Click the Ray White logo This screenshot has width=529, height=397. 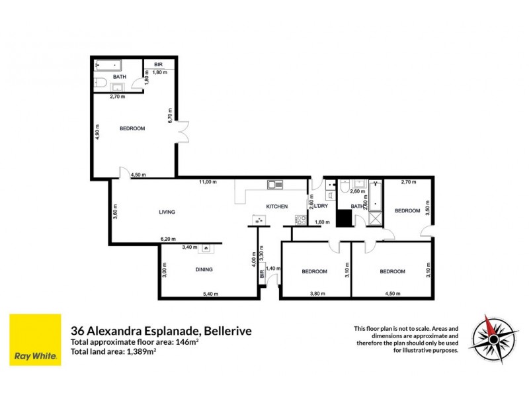tap(35, 339)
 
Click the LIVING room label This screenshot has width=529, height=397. tap(167, 212)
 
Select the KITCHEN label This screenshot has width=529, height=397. tap(276, 206)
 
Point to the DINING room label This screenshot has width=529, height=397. tap(204, 269)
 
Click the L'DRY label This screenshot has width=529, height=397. tap(322, 206)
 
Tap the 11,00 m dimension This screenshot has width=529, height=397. tap(209, 182)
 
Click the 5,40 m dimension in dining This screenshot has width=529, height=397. tap(210, 293)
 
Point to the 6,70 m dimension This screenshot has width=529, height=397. tap(171, 116)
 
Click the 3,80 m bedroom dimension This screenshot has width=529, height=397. tap(317, 293)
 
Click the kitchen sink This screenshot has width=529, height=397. tap(275, 184)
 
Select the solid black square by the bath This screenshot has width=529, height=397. tap(344, 218)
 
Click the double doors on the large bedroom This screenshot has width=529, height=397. tap(183, 130)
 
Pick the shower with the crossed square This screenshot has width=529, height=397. tap(374, 219)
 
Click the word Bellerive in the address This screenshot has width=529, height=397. tap(228, 330)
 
